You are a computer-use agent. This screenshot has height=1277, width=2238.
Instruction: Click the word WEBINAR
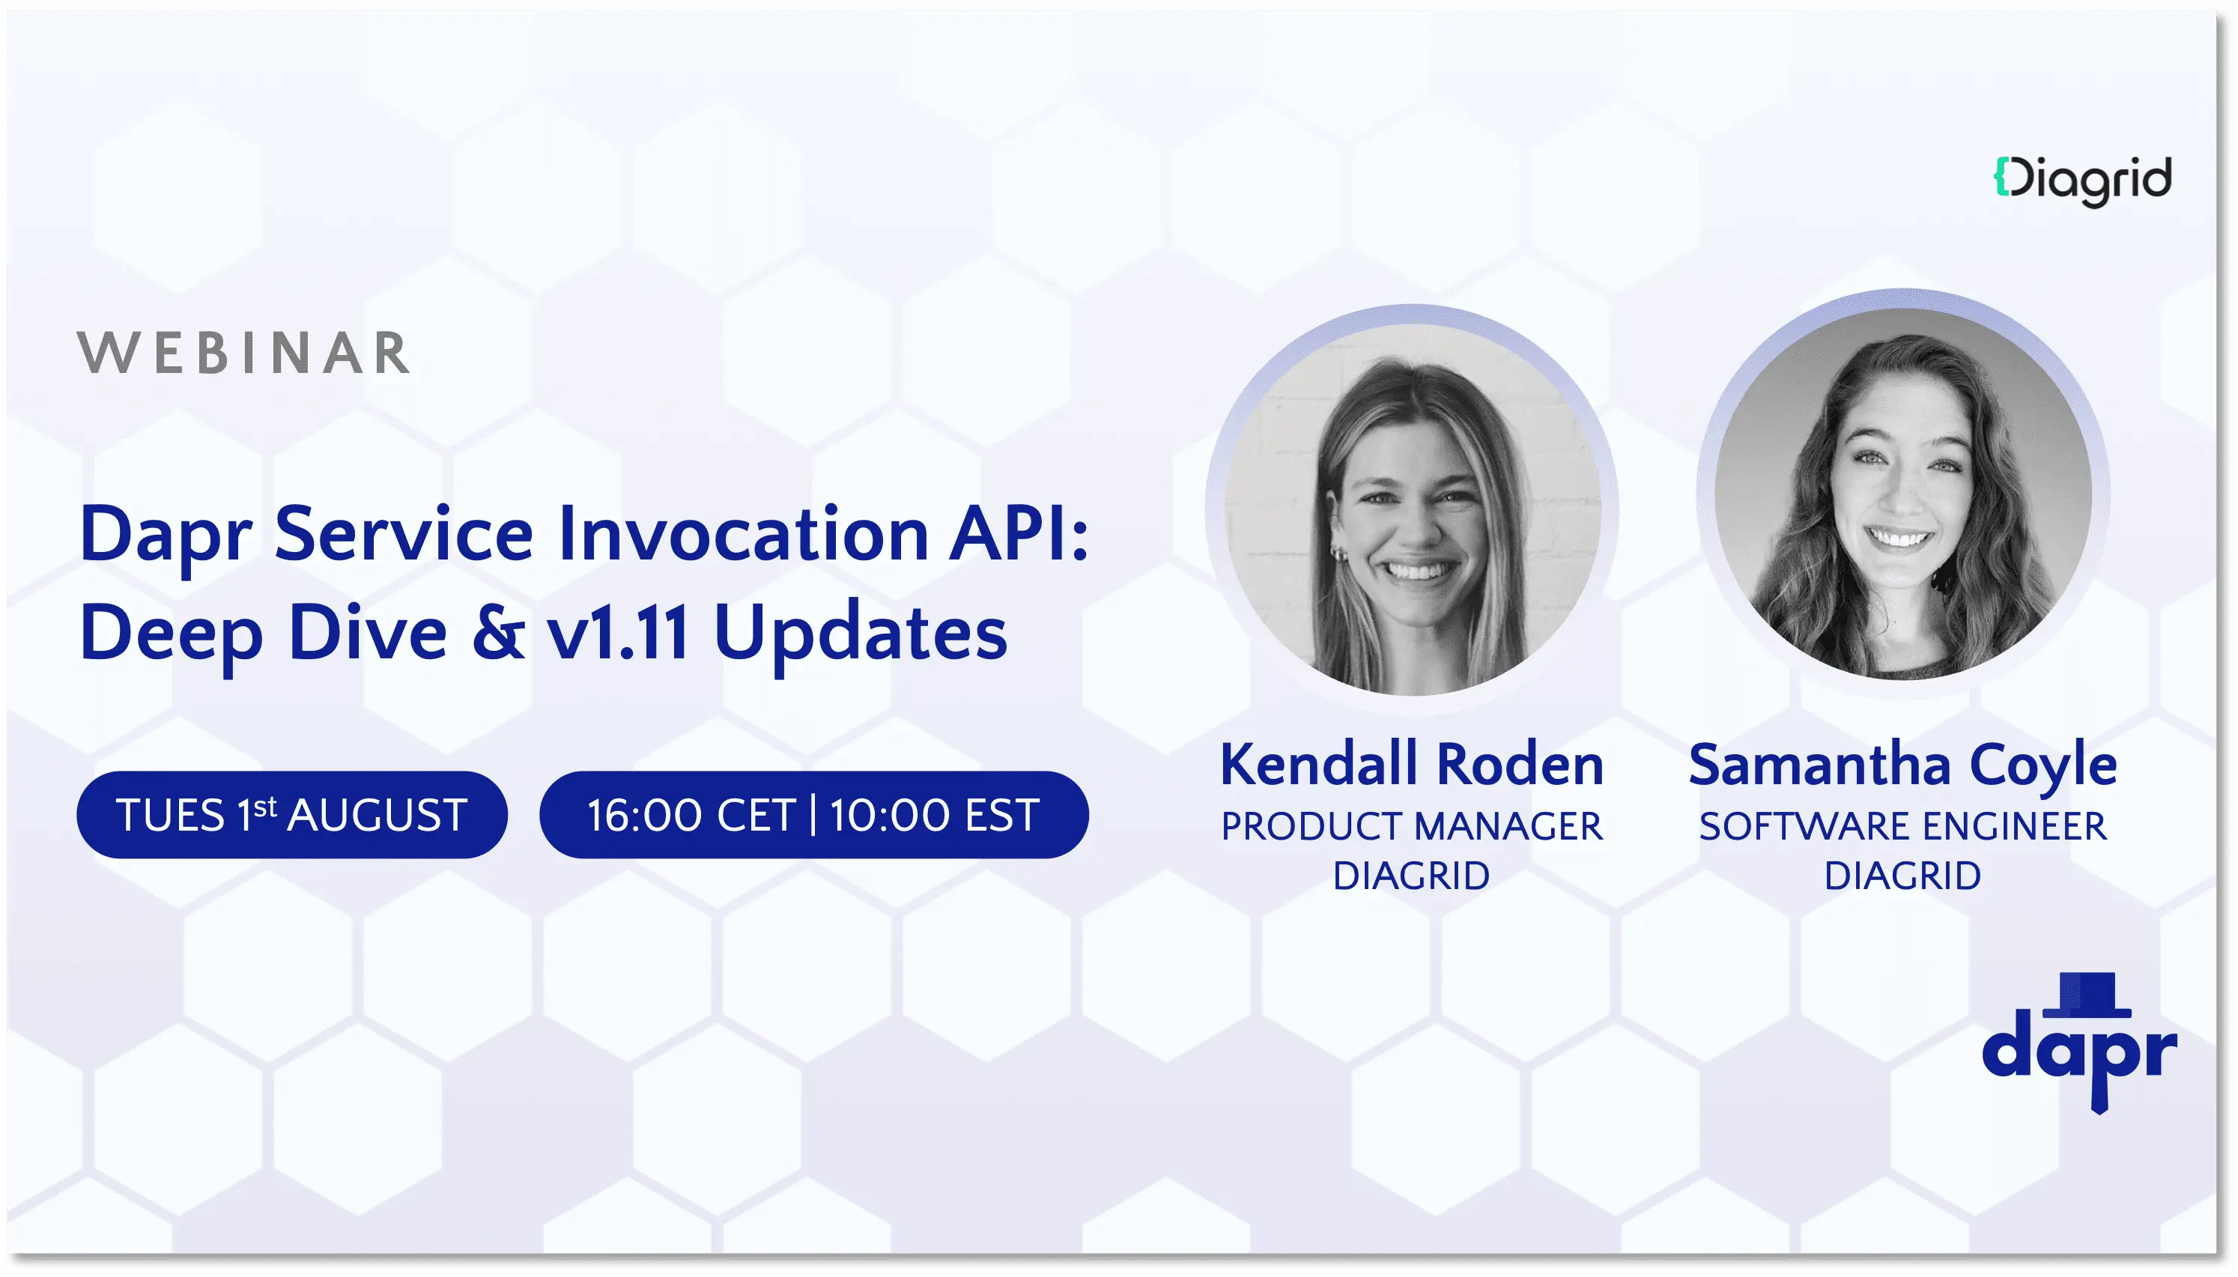[x=243, y=354]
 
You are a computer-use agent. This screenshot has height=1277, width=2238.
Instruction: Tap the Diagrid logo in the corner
[x=2082, y=181]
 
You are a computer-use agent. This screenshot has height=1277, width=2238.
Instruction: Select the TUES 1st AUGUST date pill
[x=292, y=815]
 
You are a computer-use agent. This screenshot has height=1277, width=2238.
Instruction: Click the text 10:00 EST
[x=935, y=816]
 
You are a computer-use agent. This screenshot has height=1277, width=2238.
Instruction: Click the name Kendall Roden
[x=1411, y=764]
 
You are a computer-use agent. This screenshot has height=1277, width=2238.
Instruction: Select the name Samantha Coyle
[x=1902, y=764]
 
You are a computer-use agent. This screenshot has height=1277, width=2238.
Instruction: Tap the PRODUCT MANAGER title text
[x=1411, y=826]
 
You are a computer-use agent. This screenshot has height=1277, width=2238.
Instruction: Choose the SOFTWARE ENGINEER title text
[x=1902, y=826]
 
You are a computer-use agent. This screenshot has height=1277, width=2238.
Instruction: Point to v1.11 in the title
[x=617, y=633]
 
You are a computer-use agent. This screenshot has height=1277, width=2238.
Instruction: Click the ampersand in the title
[x=498, y=633]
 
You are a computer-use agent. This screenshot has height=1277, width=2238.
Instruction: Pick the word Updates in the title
[x=861, y=633]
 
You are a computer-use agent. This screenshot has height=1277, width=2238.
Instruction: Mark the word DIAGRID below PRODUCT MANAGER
[x=1411, y=876]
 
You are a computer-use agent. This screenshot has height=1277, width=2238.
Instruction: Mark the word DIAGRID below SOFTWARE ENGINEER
[x=1902, y=876]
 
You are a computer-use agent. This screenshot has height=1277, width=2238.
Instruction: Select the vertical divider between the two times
[x=813, y=814]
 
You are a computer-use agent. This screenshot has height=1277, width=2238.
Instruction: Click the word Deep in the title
[x=171, y=633]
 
